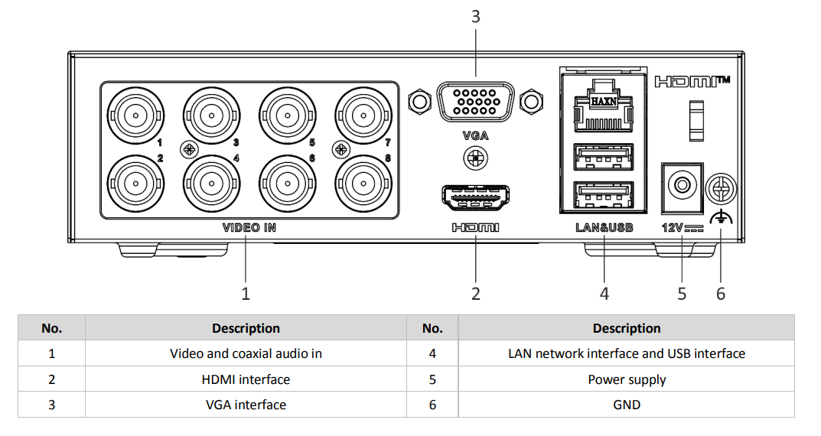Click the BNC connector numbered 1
coord(135,116)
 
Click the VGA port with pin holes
coord(475,102)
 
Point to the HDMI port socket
coord(475,198)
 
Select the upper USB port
coord(604,157)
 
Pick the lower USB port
coord(604,196)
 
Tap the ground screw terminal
coord(720,186)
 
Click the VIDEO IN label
coord(249,227)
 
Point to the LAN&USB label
coord(604,227)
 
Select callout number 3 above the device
coord(475,16)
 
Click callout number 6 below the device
coord(721,293)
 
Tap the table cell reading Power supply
coord(627,379)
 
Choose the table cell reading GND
coord(627,405)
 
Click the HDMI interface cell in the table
coord(246,379)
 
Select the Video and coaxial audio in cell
coord(246,353)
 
